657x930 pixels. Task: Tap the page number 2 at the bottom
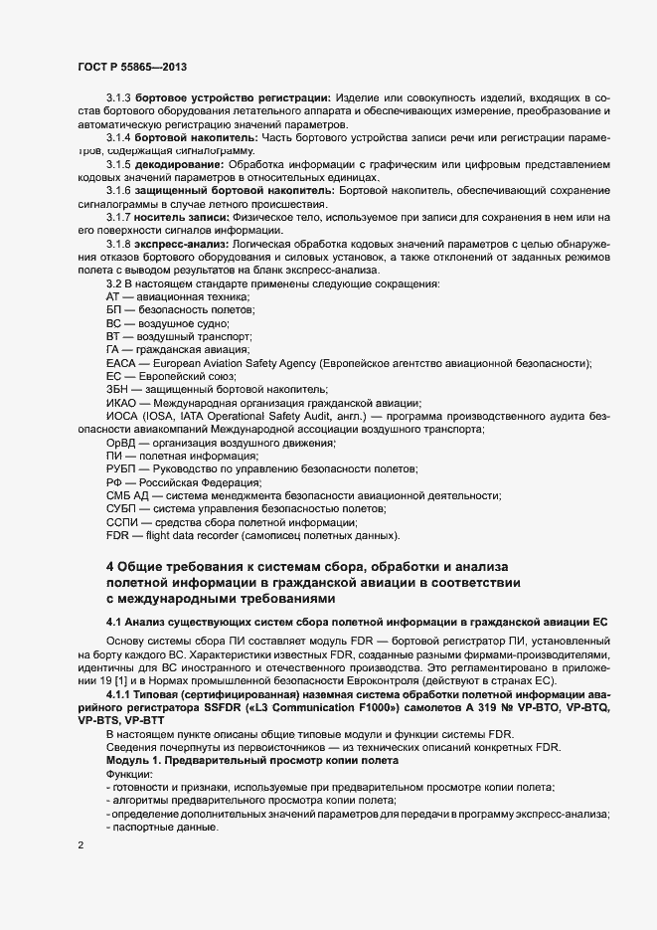(x=80, y=845)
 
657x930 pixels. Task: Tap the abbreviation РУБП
(x=123, y=468)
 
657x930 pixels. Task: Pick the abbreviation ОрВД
(x=122, y=442)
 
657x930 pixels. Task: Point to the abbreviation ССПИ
(x=123, y=521)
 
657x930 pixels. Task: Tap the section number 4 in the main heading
(x=110, y=566)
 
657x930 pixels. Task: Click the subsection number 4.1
(x=113, y=622)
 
